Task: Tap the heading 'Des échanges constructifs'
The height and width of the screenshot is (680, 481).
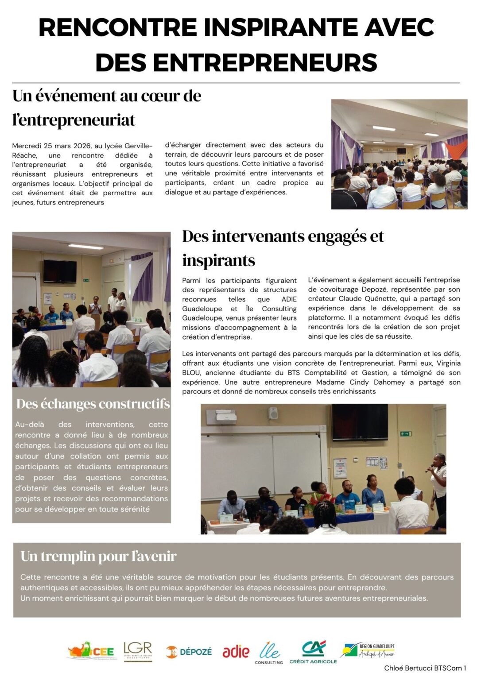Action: [x=93, y=404]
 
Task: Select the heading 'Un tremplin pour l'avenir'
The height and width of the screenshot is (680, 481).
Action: [x=98, y=556]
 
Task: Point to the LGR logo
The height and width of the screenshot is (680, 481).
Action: [x=138, y=651]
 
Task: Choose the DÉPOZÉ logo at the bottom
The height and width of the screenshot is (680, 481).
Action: [x=189, y=652]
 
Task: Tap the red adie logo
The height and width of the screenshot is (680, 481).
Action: [x=236, y=652]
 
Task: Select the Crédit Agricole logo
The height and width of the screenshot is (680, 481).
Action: [x=313, y=652]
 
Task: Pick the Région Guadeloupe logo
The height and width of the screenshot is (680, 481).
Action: [x=367, y=650]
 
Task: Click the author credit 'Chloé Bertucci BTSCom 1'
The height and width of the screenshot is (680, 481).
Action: [x=425, y=668]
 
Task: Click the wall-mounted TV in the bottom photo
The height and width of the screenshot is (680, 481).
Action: [x=360, y=422]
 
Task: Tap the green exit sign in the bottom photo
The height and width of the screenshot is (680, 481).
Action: [x=406, y=433]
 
